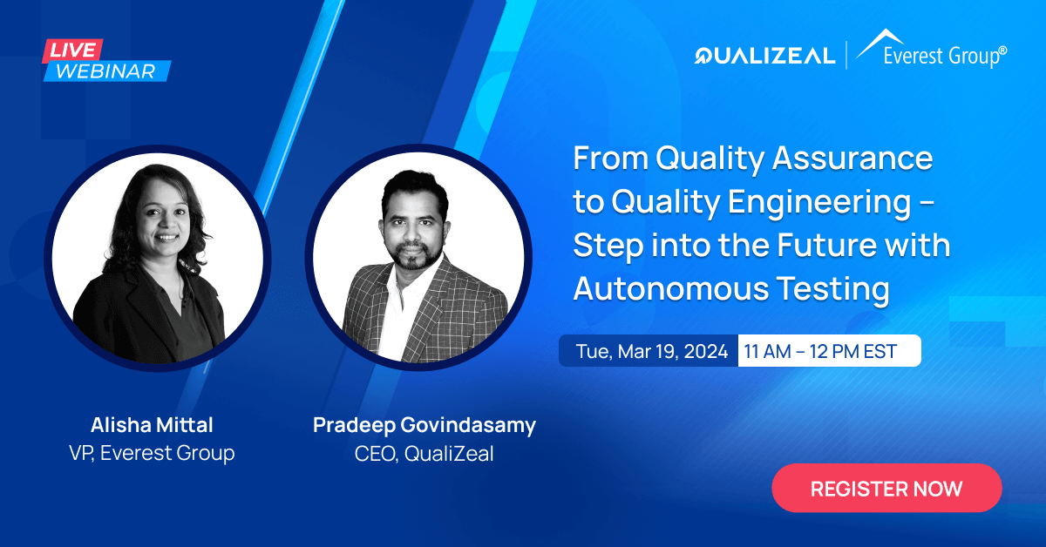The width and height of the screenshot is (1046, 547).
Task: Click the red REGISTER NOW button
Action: point(886,488)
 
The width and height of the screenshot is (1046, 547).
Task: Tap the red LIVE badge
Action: point(73,51)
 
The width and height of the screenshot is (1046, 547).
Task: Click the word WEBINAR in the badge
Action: point(106,71)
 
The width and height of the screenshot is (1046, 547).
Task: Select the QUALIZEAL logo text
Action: point(764,56)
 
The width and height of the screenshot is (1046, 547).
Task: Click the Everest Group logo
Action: point(931,50)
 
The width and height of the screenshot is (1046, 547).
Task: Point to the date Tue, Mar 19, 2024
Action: point(652,351)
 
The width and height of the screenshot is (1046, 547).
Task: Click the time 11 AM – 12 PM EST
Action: point(820,351)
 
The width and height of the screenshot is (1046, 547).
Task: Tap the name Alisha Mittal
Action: point(152,425)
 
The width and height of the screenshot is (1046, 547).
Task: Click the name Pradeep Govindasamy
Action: point(425,426)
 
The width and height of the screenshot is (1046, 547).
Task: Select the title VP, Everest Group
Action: point(152,453)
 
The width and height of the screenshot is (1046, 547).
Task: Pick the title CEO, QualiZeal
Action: point(424,454)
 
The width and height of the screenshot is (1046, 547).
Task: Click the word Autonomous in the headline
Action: point(671,288)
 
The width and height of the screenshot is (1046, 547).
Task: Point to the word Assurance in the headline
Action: point(852,159)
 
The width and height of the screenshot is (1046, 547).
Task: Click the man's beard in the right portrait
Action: point(414,255)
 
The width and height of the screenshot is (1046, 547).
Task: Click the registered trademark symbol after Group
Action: point(1003,51)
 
